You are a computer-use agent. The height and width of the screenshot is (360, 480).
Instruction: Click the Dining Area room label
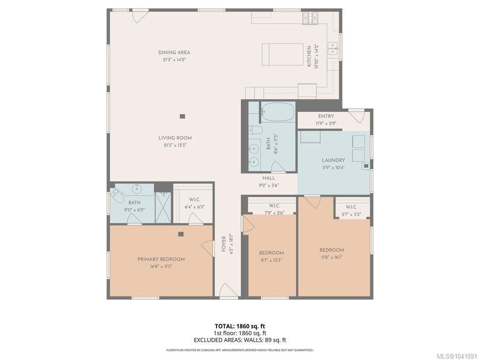pos(174,52)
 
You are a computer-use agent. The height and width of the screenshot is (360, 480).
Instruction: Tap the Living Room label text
pos(175,138)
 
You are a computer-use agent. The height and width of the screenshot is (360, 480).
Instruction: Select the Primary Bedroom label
pos(161,259)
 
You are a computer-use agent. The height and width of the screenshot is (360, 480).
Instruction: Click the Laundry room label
pos(333,160)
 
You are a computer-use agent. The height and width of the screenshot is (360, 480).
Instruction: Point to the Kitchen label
pos(309,56)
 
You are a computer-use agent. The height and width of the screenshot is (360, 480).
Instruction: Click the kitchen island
pos(283,54)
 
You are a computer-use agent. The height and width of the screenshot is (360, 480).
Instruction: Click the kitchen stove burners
pos(310,18)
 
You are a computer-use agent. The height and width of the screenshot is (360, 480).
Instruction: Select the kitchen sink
pos(333,48)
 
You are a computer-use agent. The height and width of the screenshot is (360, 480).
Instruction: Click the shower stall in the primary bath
pos(163,208)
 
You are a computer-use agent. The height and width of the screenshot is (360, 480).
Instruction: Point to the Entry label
pos(326,116)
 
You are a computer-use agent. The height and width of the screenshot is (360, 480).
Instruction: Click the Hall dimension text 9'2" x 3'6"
pos(269,185)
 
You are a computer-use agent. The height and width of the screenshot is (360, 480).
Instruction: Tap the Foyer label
pos(224,244)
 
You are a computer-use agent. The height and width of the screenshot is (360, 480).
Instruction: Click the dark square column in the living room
pos(182,116)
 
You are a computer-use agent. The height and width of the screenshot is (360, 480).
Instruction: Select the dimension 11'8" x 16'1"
pos(332,257)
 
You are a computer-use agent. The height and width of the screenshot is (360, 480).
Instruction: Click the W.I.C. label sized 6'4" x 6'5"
pos(195,200)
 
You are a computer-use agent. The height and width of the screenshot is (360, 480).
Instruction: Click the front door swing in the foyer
pos(227,290)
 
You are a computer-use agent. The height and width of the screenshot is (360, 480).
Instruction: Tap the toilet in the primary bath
pos(117,196)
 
